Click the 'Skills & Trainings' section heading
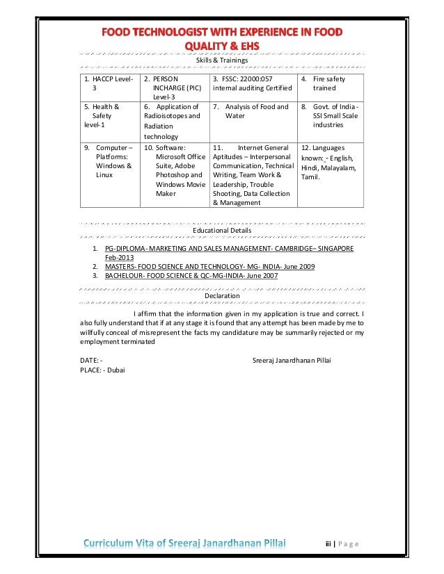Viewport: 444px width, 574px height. pos(221,61)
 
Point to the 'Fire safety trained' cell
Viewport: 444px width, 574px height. pos(328,83)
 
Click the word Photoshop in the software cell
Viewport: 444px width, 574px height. pos(175,175)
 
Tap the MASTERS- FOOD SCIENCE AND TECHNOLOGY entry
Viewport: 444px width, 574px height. pos(209,266)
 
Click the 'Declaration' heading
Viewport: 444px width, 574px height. pos(221,295)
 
